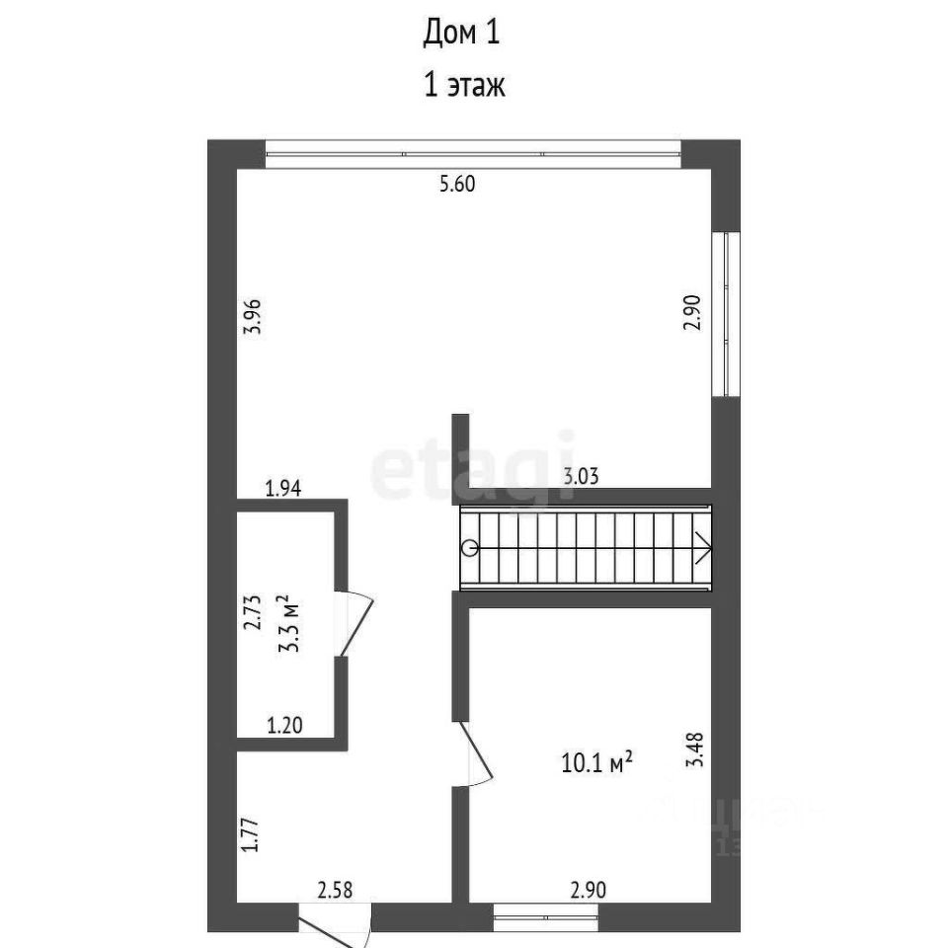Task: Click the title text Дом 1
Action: click(x=462, y=34)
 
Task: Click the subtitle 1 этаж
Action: click(x=463, y=86)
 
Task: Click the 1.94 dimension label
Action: click(x=282, y=487)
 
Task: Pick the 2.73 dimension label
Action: click(x=253, y=612)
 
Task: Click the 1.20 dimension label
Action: click(x=284, y=727)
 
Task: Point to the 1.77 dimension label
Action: click(x=253, y=832)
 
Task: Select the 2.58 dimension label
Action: click(x=335, y=891)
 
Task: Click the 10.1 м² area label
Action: click(x=596, y=762)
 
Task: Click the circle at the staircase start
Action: click(x=470, y=548)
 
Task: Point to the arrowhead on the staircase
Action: click(x=703, y=548)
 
